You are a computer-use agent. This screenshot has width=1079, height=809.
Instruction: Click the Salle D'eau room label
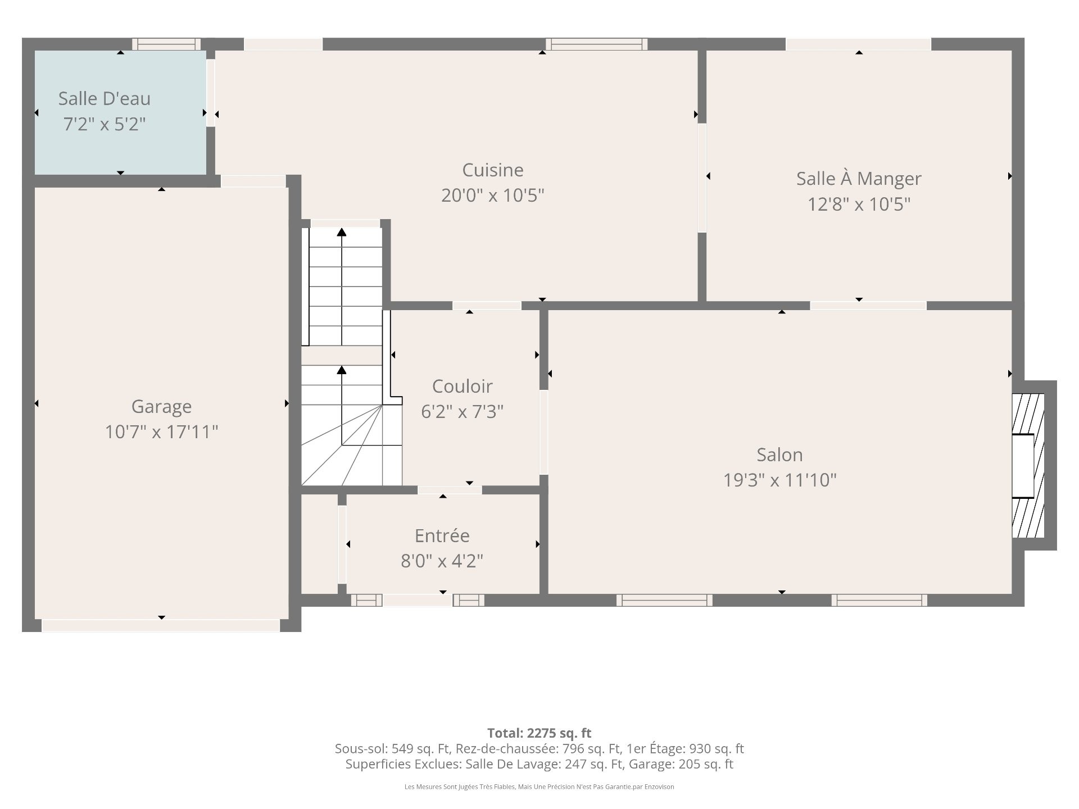[105, 99]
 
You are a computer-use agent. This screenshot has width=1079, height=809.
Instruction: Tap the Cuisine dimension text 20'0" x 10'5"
[493, 196]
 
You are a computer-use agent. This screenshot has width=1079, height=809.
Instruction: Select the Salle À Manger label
[859, 179]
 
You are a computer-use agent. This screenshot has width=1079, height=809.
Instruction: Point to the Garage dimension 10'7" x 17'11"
[161, 432]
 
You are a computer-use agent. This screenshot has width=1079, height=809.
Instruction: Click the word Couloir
[462, 386]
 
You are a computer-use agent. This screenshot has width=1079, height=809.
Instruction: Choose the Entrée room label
[442, 535]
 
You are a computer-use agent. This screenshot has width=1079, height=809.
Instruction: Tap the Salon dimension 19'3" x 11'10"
[779, 480]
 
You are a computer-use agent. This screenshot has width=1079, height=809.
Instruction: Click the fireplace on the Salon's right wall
[1028, 466]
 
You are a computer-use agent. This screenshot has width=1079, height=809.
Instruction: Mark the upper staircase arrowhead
[342, 231]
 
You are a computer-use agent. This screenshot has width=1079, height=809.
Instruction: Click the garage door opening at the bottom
[161, 625]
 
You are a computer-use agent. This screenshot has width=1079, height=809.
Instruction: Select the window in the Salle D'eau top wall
[166, 44]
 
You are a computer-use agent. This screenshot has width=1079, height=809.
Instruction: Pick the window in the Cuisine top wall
[596, 44]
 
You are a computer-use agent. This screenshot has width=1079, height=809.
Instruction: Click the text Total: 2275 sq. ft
[539, 733]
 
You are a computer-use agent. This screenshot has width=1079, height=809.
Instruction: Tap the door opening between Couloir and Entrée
[450, 490]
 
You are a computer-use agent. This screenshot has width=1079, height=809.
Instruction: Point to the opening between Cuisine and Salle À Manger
[702, 178]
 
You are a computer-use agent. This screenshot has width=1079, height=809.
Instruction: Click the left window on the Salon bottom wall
[664, 600]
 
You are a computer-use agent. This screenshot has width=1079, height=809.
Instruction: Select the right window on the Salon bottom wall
[879, 600]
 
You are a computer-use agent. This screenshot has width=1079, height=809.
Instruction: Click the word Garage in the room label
[161, 407]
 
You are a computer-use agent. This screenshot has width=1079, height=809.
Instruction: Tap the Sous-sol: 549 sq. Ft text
[393, 749]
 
